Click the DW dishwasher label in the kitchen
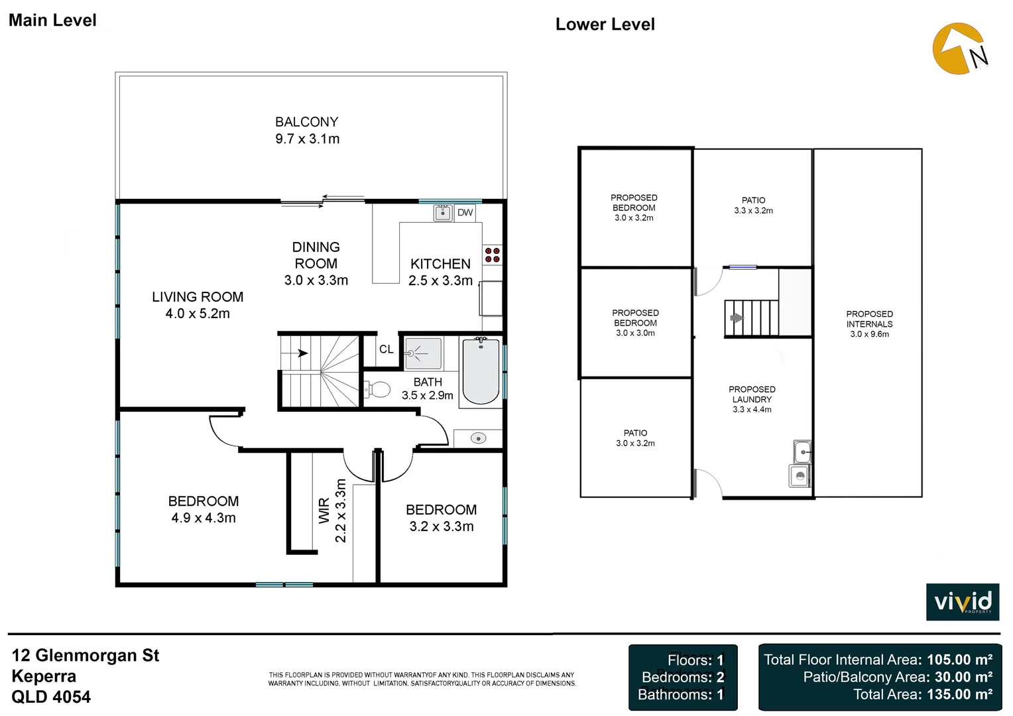click(465, 213)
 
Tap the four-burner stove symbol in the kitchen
click(493, 255)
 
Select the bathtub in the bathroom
click(481, 371)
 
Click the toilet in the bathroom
click(377, 389)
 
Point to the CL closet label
click(387, 349)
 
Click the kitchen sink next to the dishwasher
click(443, 213)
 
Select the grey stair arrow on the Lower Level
click(737, 318)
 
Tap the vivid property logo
click(963, 602)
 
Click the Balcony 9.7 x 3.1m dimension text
click(307, 139)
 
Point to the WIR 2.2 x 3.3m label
click(332, 510)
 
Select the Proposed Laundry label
click(752, 394)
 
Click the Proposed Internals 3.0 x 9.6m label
click(869, 324)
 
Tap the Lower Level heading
click(605, 25)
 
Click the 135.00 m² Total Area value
click(960, 694)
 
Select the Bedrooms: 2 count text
click(683, 677)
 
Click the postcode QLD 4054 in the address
click(51, 697)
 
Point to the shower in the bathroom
click(423, 353)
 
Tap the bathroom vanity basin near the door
click(478, 438)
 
